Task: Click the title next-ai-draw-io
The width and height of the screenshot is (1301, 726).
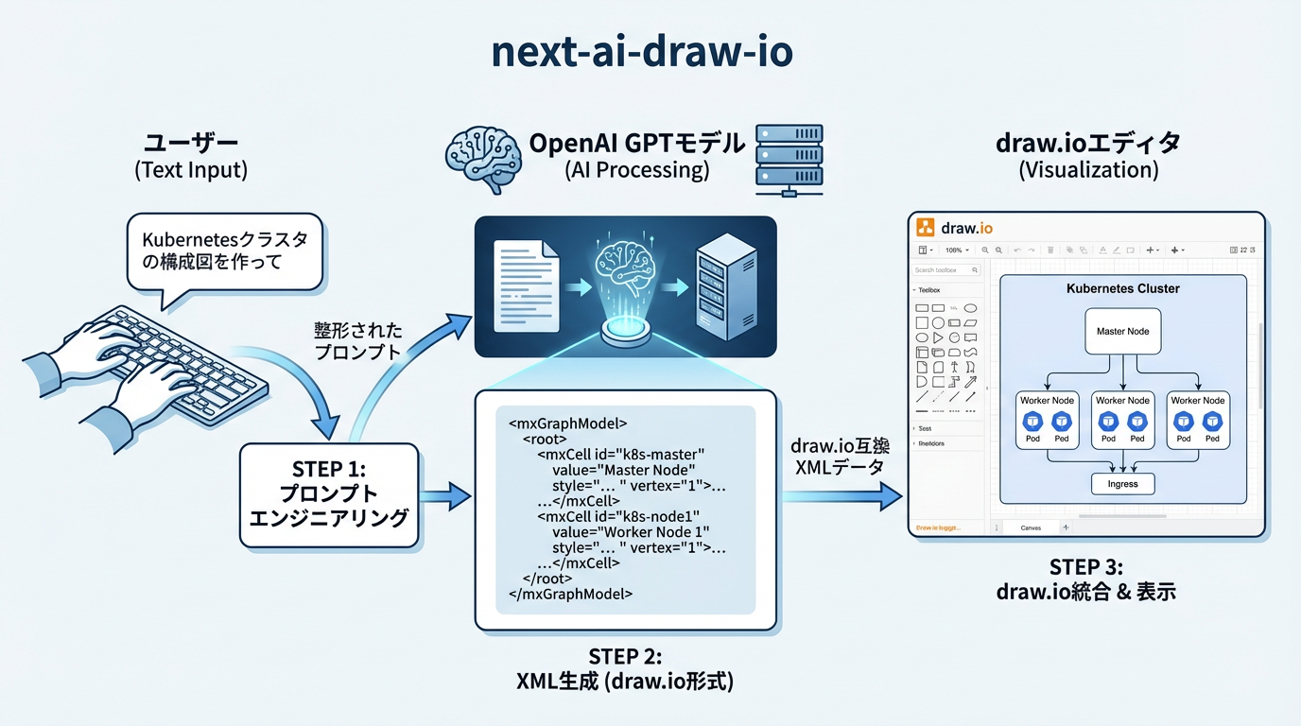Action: (642, 52)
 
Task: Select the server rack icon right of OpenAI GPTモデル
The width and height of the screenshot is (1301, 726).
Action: (789, 158)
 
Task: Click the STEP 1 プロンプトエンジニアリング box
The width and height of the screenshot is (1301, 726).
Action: (328, 494)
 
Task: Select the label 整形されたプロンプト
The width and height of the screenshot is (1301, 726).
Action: (358, 340)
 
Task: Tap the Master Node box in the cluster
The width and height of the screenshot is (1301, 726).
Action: (1122, 332)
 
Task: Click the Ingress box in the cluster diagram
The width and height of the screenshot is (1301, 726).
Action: (1122, 483)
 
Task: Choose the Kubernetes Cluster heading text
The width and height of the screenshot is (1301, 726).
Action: (1122, 288)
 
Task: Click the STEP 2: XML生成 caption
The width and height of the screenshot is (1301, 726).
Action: (625, 668)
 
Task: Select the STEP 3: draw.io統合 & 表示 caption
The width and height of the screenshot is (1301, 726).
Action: (1085, 579)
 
